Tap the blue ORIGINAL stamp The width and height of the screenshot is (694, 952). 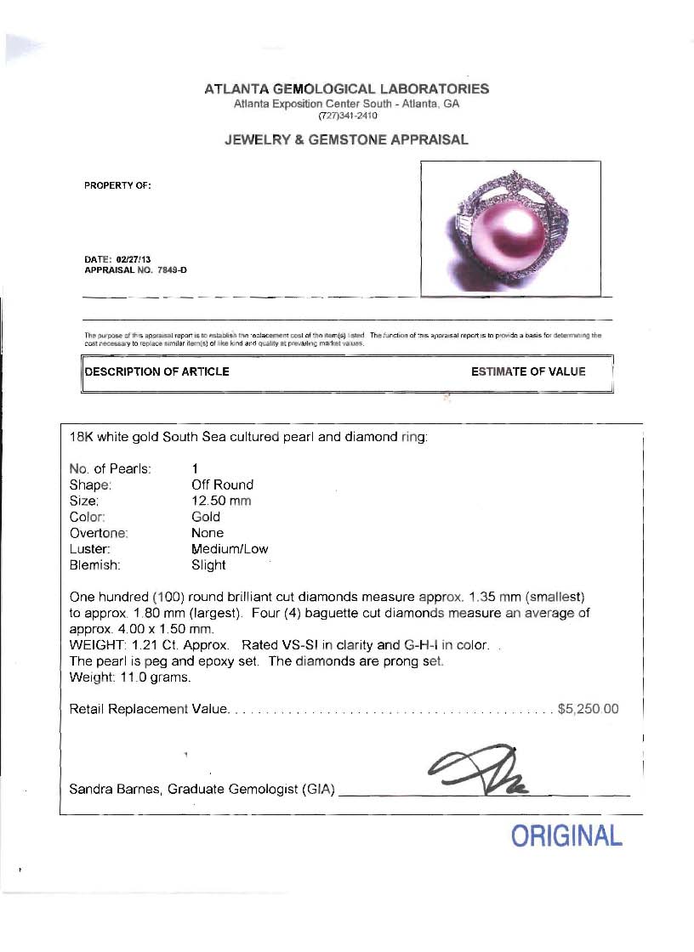[566, 836]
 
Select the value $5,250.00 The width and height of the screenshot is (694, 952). [588, 709]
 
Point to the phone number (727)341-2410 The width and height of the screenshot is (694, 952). [347, 115]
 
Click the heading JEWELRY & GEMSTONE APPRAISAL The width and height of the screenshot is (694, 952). [346, 140]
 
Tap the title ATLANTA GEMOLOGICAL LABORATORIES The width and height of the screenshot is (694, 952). [347, 88]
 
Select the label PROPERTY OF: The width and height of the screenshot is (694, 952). [117, 185]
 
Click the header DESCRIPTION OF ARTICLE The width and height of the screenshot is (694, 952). [156, 371]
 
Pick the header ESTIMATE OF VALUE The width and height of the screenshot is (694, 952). [528, 371]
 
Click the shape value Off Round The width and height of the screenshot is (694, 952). [222, 484]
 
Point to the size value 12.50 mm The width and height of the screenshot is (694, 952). [221, 501]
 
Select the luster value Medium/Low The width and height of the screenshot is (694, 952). [230, 549]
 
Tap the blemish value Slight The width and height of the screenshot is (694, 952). [208, 565]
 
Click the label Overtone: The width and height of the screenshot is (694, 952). [99, 533]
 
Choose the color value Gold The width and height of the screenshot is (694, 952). [206, 517]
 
